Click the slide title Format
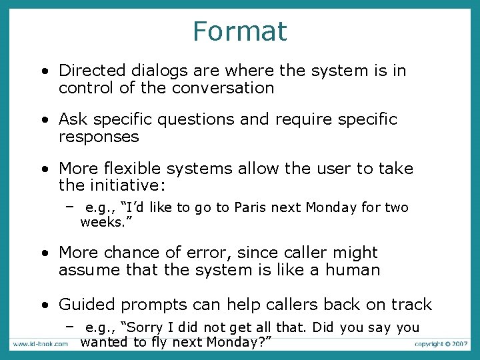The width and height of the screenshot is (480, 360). [x=239, y=31]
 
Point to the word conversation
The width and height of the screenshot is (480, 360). [x=223, y=88]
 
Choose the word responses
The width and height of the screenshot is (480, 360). [x=99, y=137]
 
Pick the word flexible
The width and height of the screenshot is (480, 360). [x=137, y=169]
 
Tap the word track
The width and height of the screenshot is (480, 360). [x=410, y=305]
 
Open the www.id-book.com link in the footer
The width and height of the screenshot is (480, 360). [x=39, y=344]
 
